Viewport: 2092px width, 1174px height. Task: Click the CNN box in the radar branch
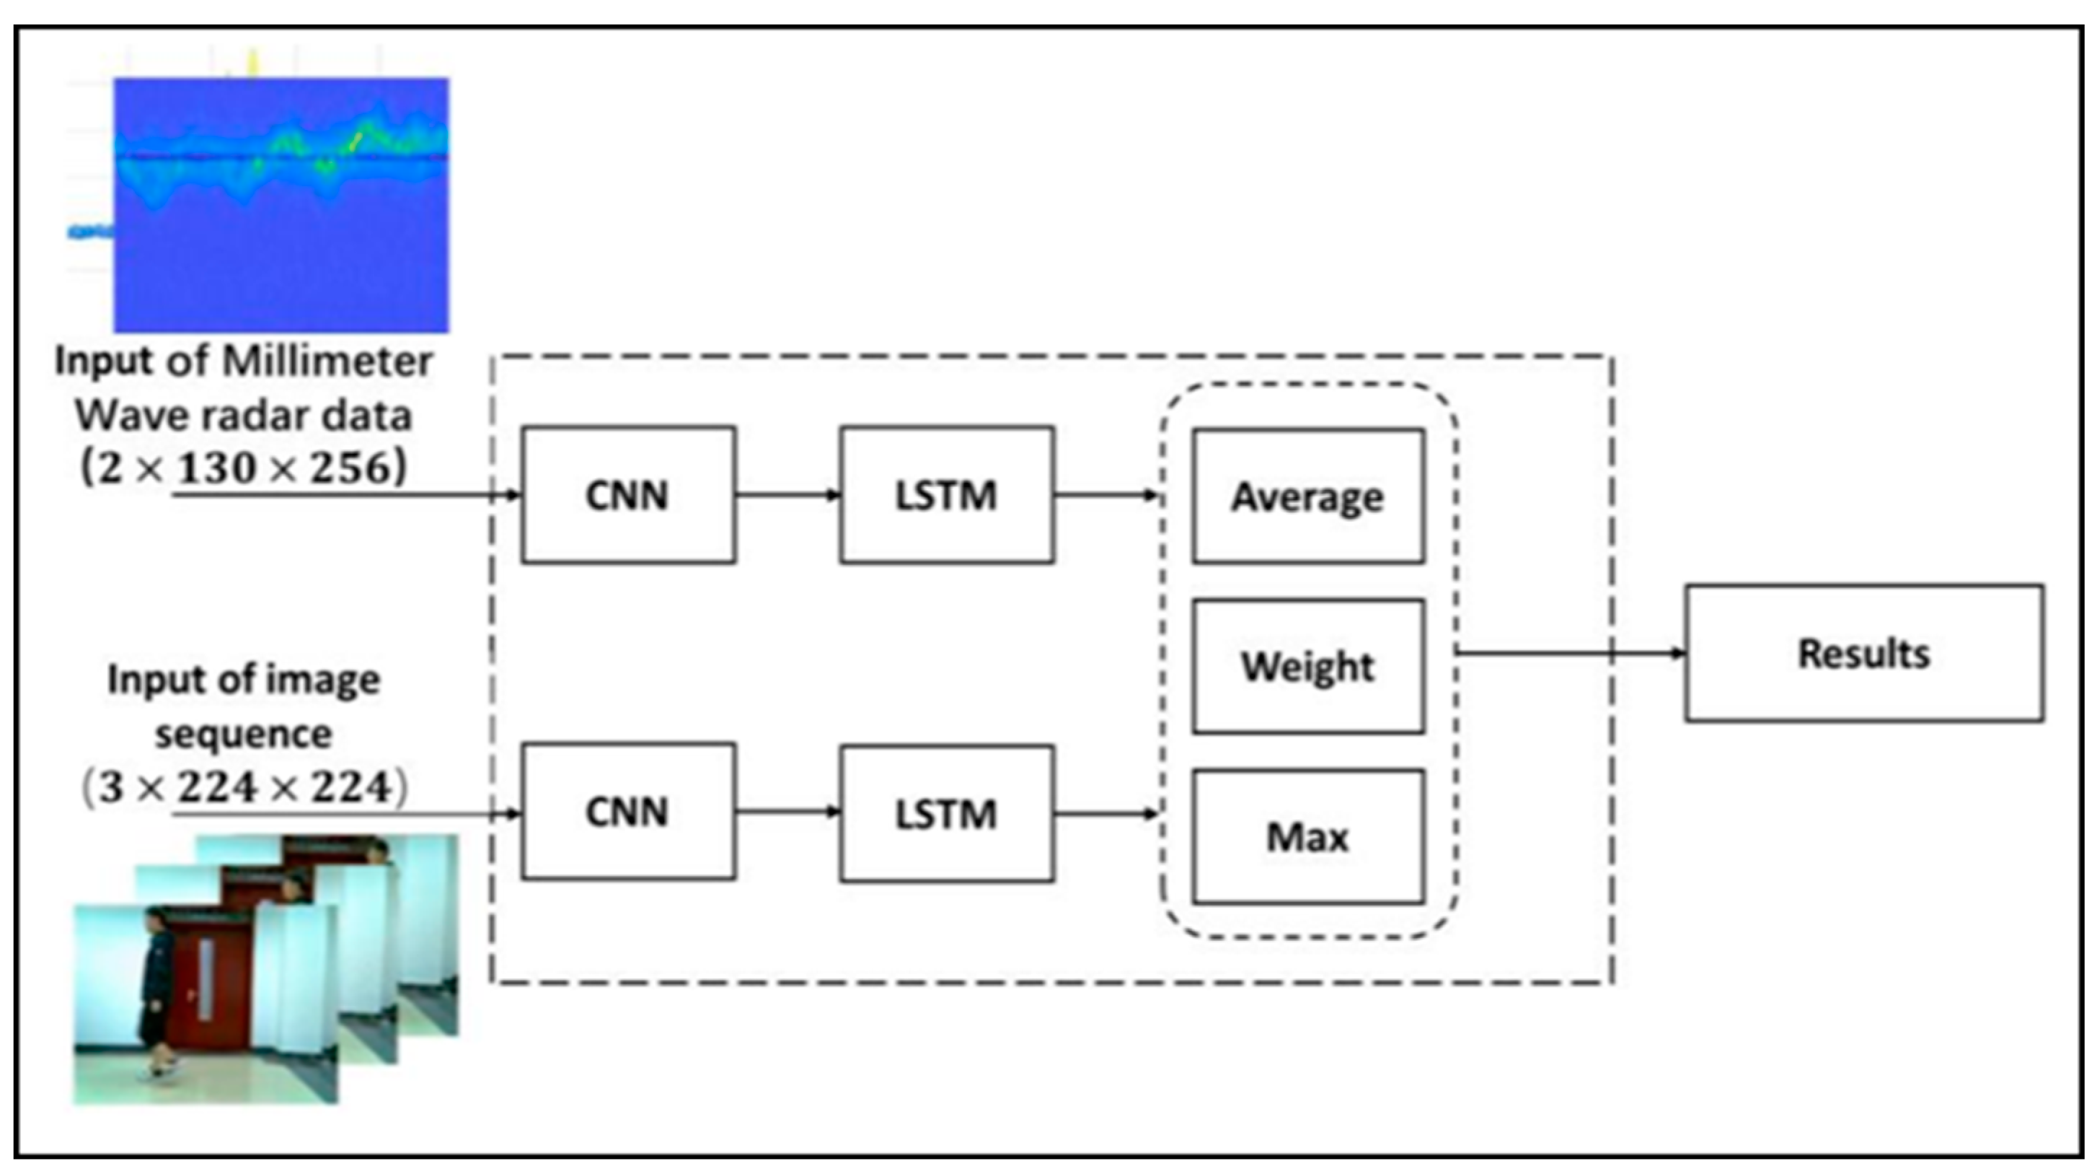click(628, 495)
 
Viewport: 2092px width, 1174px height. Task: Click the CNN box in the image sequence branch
click(628, 811)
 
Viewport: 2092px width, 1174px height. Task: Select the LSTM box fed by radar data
click(947, 495)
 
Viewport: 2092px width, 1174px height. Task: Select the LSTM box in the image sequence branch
click(947, 813)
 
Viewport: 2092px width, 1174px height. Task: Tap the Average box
click(1307, 496)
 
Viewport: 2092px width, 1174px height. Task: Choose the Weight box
click(1307, 666)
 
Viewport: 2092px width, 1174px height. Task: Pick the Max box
click(1307, 836)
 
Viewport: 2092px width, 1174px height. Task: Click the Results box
click(1864, 653)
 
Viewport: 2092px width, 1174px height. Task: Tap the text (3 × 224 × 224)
click(244, 787)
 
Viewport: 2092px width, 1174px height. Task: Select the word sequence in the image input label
click(244, 734)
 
